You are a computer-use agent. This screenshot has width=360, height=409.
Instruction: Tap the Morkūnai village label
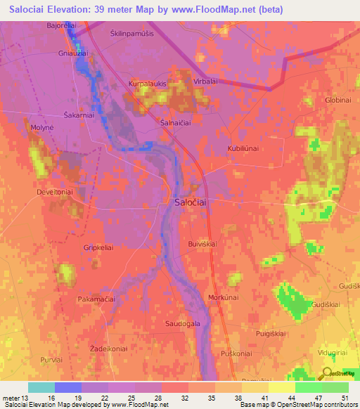[224, 298]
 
